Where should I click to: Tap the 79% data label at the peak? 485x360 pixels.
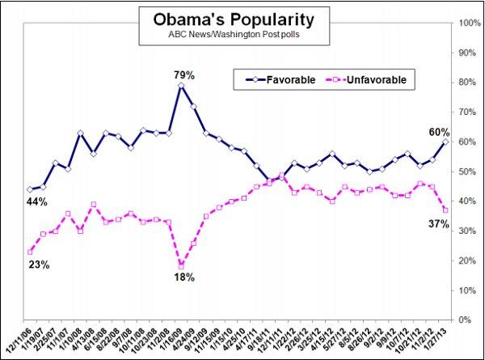pos(181,75)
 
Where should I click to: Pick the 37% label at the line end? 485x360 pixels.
pos(439,223)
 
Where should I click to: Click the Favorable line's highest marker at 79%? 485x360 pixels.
pos(181,86)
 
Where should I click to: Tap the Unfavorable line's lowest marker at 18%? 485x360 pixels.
pos(181,266)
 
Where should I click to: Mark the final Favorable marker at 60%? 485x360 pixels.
pos(446,142)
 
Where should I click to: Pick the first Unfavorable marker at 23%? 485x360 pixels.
pos(30,252)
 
